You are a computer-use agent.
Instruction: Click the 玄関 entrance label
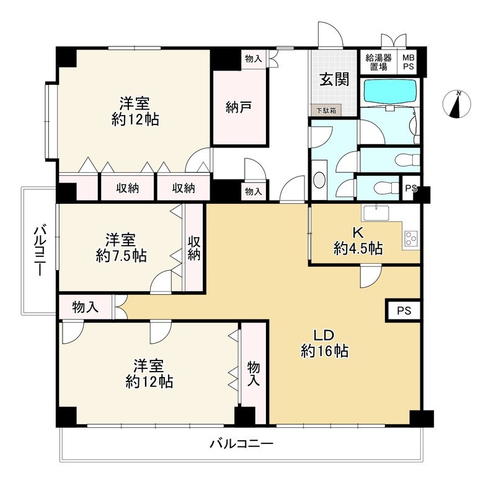tap(334, 79)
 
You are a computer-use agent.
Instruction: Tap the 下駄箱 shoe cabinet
tap(326, 110)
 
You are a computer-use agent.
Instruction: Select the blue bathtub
tap(390, 90)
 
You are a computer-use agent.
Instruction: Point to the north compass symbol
tap(457, 104)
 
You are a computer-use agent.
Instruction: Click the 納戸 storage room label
tap(239, 107)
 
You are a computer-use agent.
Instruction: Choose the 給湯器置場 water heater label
tap(379, 62)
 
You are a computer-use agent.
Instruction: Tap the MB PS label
tap(409, 62)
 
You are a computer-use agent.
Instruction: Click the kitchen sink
tap(376, 212)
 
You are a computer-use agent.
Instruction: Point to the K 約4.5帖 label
tap(358, 241)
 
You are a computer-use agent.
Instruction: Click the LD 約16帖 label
tap(324, 343)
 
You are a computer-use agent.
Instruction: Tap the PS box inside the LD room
tap(404, 310)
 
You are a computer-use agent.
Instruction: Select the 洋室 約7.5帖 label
tap(121, 248)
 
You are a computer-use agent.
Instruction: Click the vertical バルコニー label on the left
tap(40, 250)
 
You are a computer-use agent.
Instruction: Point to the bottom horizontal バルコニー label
tap(242, 444)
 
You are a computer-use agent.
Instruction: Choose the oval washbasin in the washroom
tap(319, 180)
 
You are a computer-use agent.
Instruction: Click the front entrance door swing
tap(330, 35)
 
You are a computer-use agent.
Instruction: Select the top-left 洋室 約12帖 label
tap(135, 111)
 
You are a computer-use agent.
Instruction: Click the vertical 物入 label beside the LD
tap(254, 374)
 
